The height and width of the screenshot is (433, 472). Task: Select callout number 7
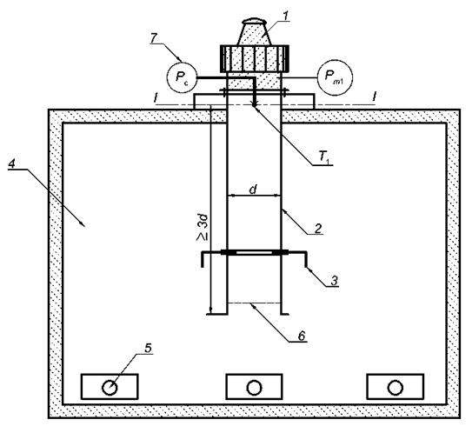pyautogui.click(x=154, y=38)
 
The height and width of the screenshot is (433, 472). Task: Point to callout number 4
pyautogui.click(x=12, y=163)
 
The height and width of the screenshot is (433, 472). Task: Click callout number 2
pyautogui.click(x=317, y=229)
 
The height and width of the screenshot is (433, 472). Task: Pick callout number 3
pyautogui.click(x=334, y=281)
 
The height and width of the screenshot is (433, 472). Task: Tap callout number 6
pyautogui.click(x=302, y=336)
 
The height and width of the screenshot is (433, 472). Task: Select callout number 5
pyautogui.click(x=148, y=349)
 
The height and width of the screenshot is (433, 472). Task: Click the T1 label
pyautogui.click(x=324, y=157)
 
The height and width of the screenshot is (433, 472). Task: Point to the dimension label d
pyautogui.click(x=254, y=190)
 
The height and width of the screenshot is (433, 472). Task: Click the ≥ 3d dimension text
pyautogui.click(x=203, y=227)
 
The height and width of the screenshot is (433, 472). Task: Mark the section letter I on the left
pyautogui.click(x=155, y=98)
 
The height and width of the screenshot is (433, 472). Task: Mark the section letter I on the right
pyautogui.click(x=374, y=97)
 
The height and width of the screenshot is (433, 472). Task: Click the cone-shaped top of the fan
pyautogui.click(x=255, y=32)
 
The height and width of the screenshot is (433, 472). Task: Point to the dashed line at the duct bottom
pyautogui.click(x=254, y=303)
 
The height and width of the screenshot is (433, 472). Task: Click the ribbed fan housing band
pyautogui.click(x=255, y=59)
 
